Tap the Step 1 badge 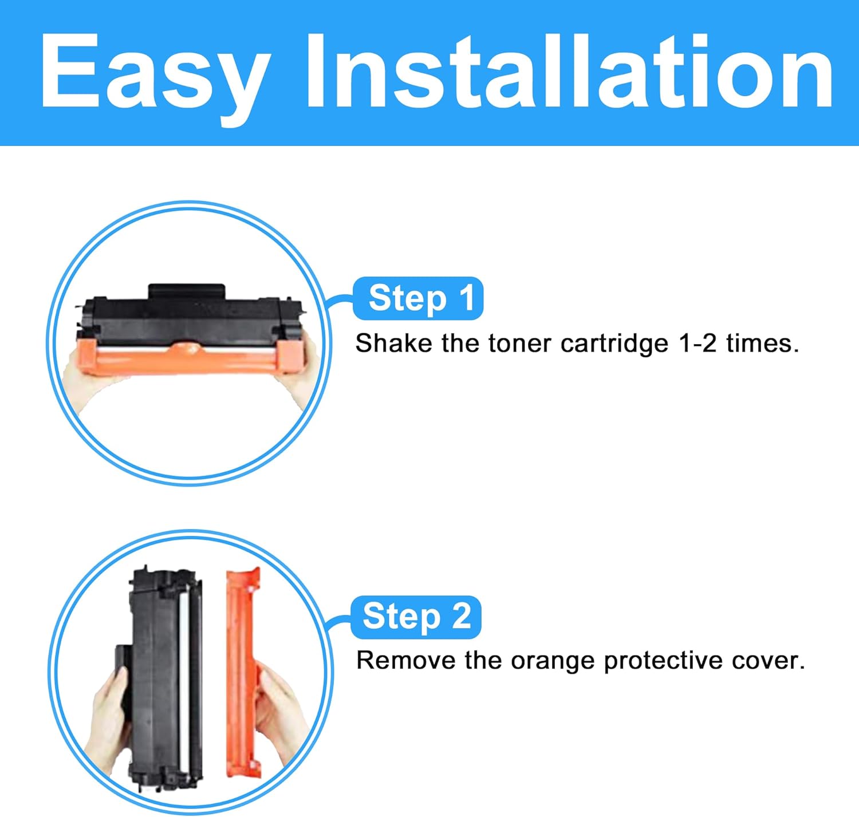[x=418, y=298]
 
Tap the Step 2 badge [x=416, y=617]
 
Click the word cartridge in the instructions [x=614, y=344]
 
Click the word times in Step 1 [x=763, y=343]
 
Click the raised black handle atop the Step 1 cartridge [x=187, y=291]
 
